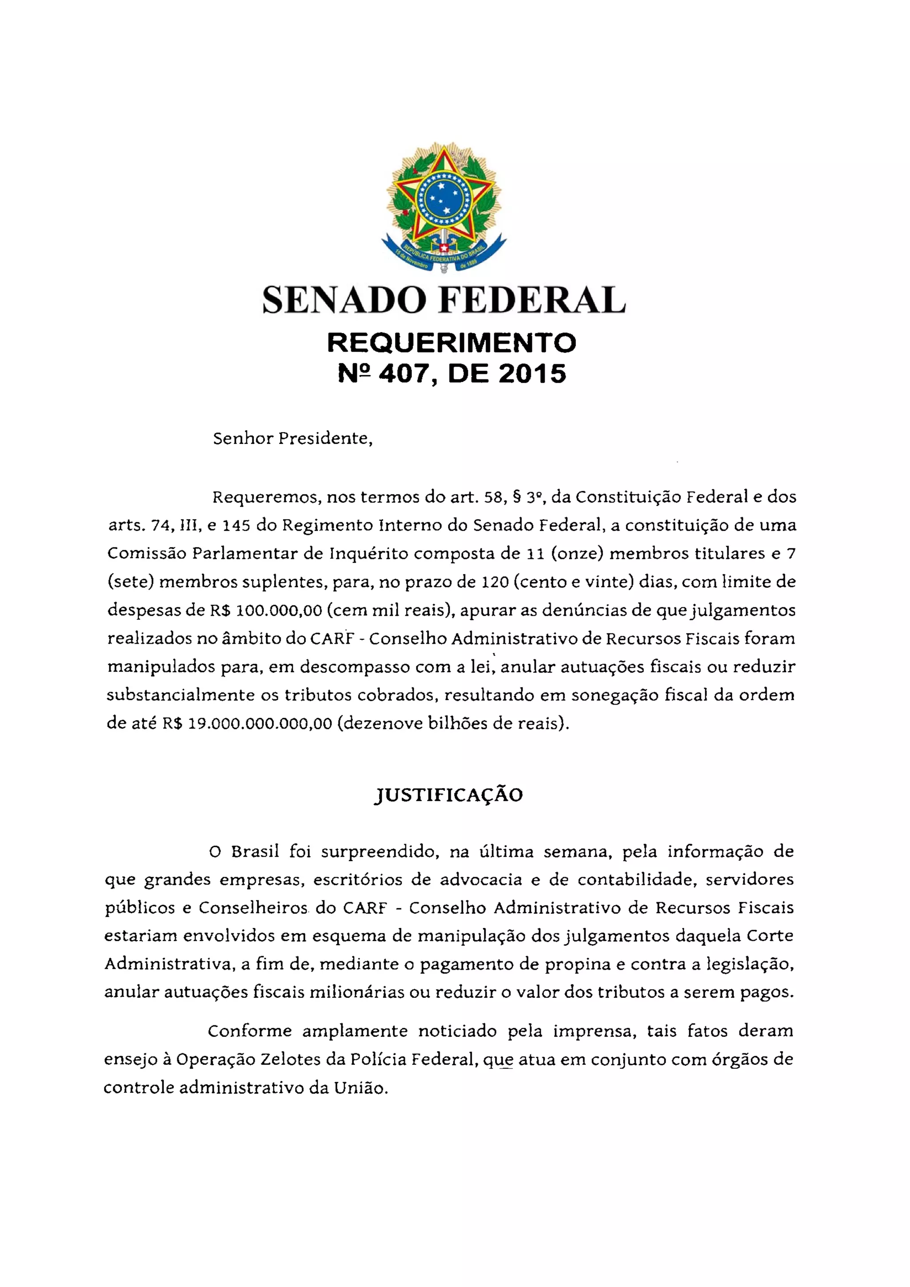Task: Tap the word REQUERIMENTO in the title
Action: point(451,343)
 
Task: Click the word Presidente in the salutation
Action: point(325,438)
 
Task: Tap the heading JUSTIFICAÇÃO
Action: point(448,795)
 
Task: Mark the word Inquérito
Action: point(370,554)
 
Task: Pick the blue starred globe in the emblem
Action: point(443,196)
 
